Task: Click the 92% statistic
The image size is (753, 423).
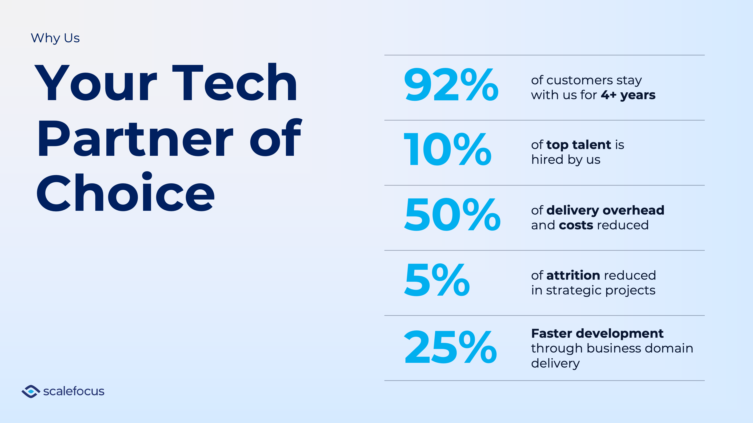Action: coord(451,84)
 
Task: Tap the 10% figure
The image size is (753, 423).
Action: coord(447,149)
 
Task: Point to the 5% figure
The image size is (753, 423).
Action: coord(437,279)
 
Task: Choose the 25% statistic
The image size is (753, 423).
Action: coord(450,347)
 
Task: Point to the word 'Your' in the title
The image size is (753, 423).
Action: coord(96,83)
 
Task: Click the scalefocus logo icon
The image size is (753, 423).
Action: coord(31,392)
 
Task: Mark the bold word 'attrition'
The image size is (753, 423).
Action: coord(573,275)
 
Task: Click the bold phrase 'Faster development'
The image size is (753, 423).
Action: coord(597,333)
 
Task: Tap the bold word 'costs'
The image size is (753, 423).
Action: coord(576,225)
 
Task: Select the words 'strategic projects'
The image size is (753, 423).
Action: coord(601,291)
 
